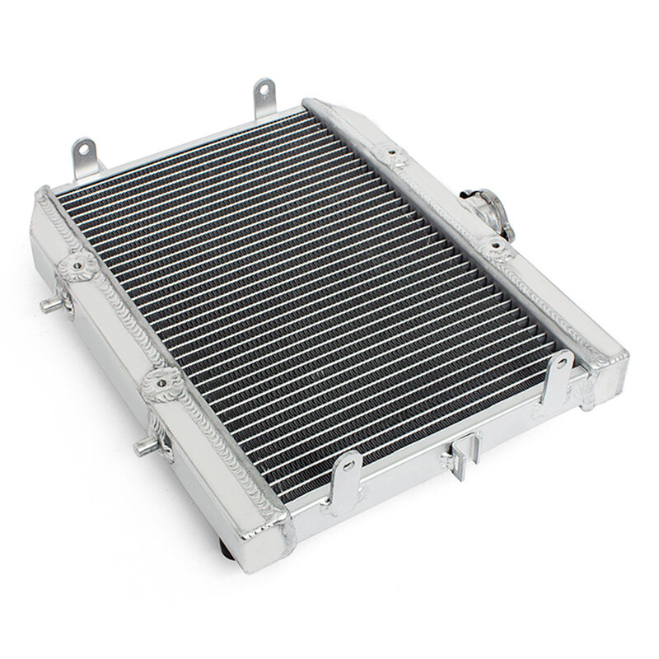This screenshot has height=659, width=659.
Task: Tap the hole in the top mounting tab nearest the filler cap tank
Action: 264,89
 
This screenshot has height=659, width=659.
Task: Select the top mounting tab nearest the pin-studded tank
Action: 85,157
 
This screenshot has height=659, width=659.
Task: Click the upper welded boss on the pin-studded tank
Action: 80,266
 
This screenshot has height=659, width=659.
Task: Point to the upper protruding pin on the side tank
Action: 51,305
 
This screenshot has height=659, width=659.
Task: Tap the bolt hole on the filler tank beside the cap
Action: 494,246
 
